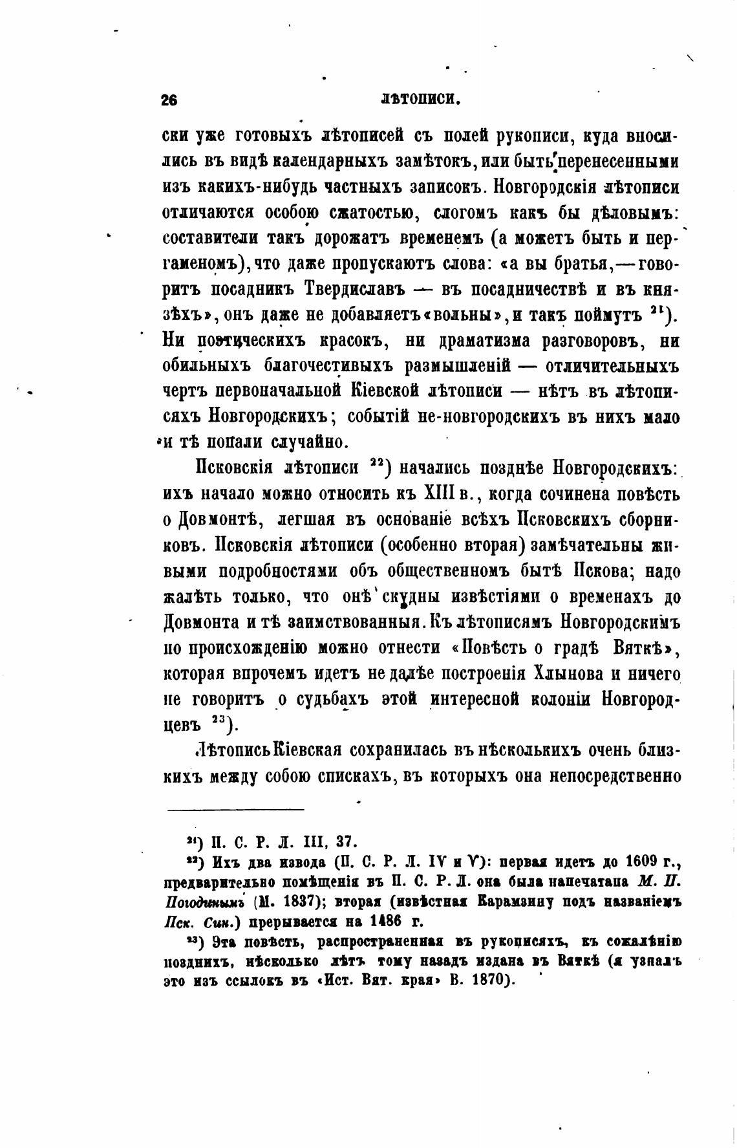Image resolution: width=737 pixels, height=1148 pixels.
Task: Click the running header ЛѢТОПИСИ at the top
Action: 420,100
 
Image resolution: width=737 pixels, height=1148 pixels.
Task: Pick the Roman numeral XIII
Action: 438,495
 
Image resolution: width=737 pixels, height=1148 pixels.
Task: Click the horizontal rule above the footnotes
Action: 236,809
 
